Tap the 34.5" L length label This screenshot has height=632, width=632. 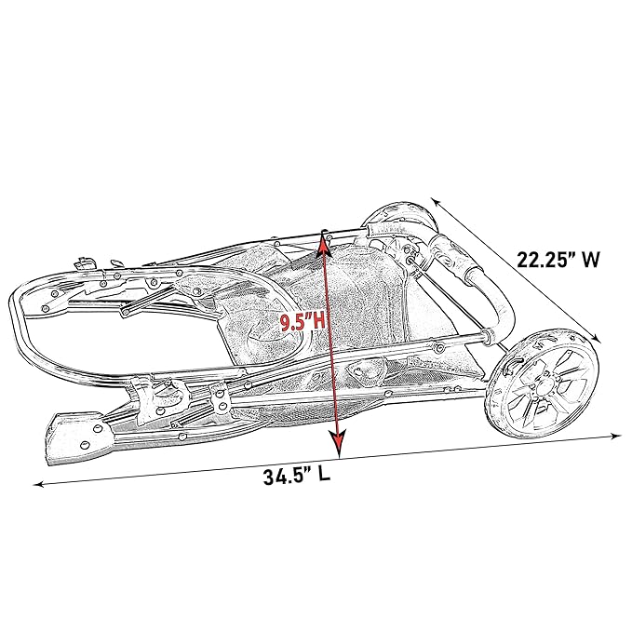pos(297,476)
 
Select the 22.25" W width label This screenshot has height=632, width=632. pos(558,260)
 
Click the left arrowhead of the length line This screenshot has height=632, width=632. pos(38,483)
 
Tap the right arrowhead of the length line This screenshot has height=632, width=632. pos(616,436)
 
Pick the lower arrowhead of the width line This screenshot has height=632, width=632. pos(597,340)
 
